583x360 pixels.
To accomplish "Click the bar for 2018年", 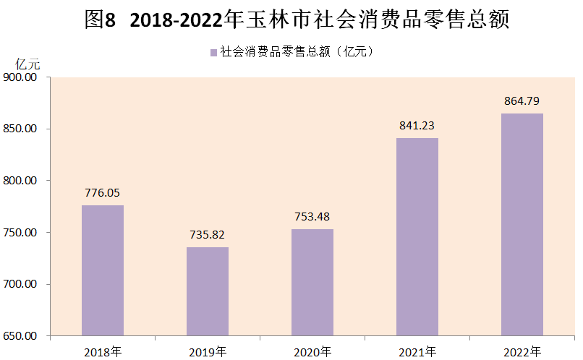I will (x=103, y=271).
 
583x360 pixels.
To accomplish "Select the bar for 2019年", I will (x=208, y=292).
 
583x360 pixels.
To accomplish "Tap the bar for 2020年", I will (x=312, y=283).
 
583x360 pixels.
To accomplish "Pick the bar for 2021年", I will (x=417, y=237).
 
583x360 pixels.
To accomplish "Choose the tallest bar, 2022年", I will (x=522, y=225).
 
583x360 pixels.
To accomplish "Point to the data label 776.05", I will (x=103, y=193).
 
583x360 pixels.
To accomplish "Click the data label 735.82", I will (x=208, y=235).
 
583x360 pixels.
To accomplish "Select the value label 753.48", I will (x=312, y=217).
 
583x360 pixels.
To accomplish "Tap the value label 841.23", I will (x=417, y=126).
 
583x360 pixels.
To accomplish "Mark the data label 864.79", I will (x=522, y=100).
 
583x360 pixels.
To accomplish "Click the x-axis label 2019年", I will (x=208, y=352).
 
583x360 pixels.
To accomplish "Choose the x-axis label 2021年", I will (x=417, y=352).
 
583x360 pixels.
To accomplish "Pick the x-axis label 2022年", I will (x=522, y=352).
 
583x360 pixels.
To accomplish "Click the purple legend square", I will (x=213, y=52).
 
